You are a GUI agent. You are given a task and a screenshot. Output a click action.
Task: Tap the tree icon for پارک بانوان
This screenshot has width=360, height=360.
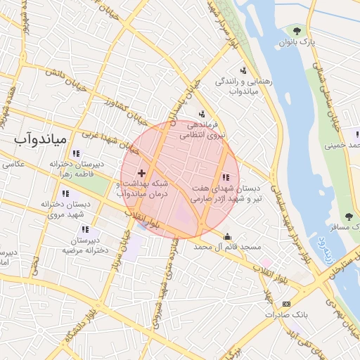(297, 30)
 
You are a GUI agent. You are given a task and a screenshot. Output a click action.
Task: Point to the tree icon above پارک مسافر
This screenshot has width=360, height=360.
(349, 216)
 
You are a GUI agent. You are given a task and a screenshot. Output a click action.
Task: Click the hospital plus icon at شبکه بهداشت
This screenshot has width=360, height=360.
(141, 172)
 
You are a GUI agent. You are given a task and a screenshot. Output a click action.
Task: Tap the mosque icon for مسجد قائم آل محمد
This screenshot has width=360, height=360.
(226, 236)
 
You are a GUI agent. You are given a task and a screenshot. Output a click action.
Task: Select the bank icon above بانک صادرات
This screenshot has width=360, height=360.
(285, 303)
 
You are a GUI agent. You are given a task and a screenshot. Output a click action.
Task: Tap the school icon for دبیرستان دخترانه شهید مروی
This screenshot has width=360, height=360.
(65, 193)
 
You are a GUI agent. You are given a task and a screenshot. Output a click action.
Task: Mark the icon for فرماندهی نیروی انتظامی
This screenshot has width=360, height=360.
(202, 114)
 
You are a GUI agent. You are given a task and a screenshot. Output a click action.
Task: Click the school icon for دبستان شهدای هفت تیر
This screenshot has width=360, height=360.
(226, 178)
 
